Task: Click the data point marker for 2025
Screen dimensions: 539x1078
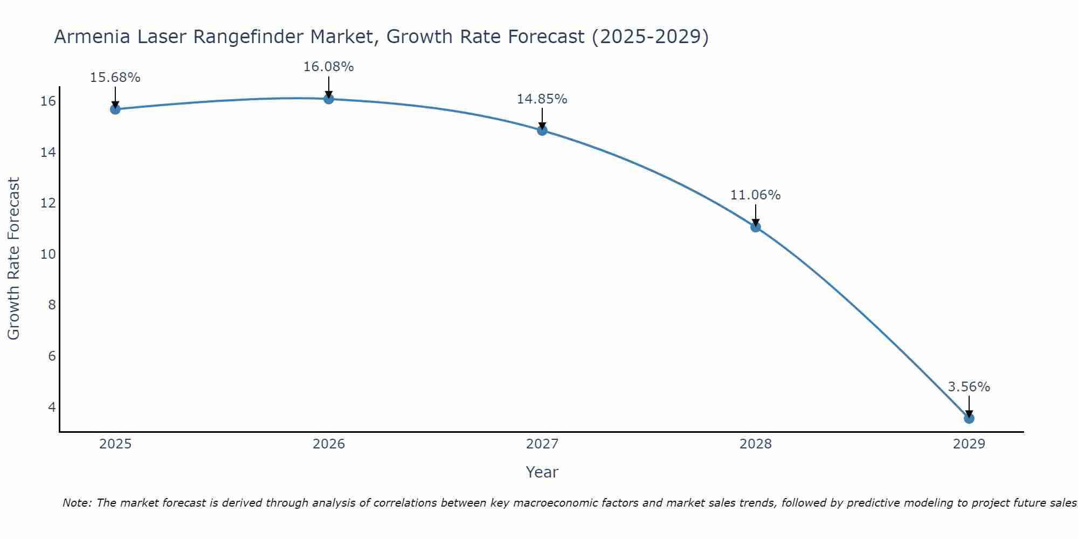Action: [x=115, y=109]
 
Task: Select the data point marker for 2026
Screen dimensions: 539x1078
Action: [x=329, y=99]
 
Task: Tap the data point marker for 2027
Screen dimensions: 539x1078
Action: [x=542, y=130]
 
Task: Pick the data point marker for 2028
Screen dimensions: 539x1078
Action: [x=756, y=227]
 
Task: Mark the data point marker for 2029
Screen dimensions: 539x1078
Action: [x=969, y=418]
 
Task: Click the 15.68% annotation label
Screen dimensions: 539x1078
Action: [x=115, y=78]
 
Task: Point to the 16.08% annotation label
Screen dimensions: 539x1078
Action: [x=328, y=67]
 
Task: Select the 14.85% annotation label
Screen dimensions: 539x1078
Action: [x=542, y=99]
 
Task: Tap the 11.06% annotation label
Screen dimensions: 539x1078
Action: [x=755, y=195]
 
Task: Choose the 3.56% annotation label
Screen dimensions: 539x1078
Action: [x=969, y=387]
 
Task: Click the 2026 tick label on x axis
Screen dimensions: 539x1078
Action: [x=329, y=444]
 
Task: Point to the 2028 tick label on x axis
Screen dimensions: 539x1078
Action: [x=756, y=444]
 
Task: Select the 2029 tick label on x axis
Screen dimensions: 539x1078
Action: [x=969, y=444]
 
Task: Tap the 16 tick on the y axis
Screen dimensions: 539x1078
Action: [x=48, y=101]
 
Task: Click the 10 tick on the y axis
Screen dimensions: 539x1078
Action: [x=48, y=254]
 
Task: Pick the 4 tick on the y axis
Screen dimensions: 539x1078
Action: [x=52, y=407]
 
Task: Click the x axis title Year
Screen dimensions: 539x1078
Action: [x=542, y=472]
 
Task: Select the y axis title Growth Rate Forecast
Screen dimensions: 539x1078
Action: [x=13, y=259]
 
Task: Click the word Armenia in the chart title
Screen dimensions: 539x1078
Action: [x=92, y=37]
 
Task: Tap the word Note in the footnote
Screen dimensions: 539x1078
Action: [x=77, y=503]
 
